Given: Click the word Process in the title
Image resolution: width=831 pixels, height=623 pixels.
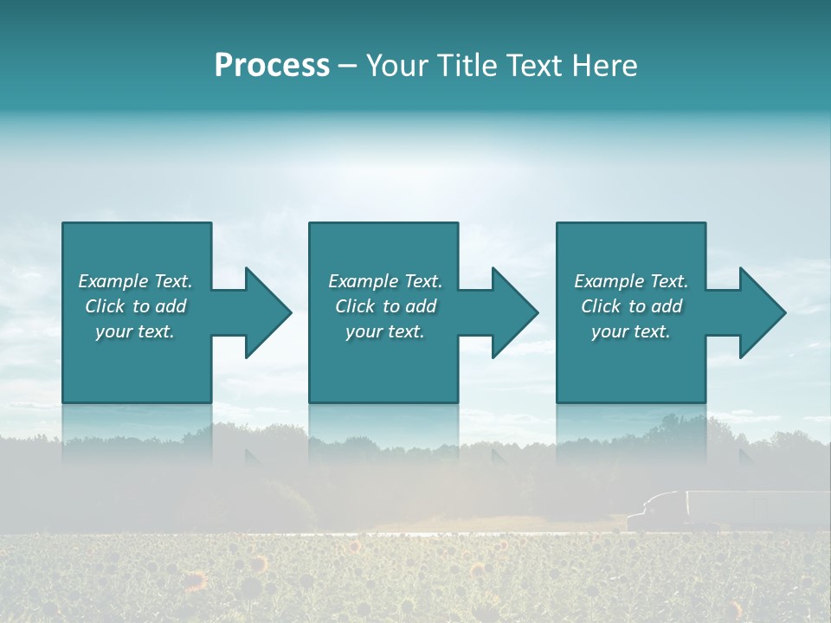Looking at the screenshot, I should click(x=272, y=66).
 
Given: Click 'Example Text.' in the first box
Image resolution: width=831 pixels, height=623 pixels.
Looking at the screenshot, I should click(x=135, y=281).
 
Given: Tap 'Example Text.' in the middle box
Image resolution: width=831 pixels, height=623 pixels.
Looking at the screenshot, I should click(x=385, y=281).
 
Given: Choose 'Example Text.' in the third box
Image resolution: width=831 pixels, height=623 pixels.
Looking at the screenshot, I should click(x=631, y=281).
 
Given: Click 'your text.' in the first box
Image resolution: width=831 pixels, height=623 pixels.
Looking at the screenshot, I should click(x=135, y=331).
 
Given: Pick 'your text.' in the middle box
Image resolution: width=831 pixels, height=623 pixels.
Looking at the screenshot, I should click(x=385, y=331).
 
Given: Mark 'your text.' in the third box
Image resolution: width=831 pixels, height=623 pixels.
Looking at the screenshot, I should click(x=631, y=331).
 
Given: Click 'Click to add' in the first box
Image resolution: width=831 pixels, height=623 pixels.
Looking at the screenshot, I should click(x=135, y=306).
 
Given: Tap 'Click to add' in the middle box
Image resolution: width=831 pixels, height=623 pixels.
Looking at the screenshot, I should click(x=385, y=306).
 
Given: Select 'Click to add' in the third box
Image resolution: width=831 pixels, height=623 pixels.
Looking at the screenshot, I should click(x=631, y=306).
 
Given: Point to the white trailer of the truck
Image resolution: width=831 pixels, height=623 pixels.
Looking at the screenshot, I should click(x=753, y=507).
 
